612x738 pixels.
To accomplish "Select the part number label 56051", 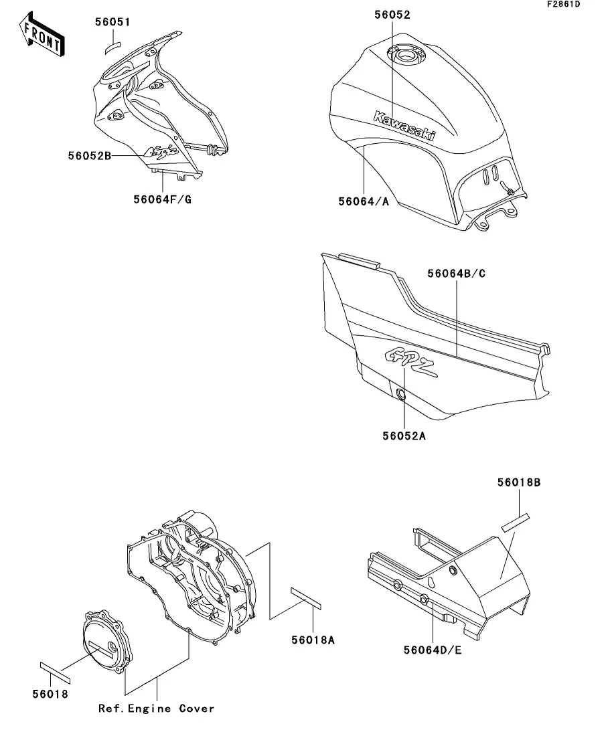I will point(112,22).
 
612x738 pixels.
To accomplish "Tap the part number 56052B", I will point(90,155).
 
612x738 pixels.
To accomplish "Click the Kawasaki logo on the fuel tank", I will point(404,125).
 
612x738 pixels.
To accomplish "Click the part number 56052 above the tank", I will point(391,15).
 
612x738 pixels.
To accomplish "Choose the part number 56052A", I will point(404,436).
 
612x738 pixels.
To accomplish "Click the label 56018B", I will point(519,481).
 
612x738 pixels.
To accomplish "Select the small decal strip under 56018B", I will point(516,521).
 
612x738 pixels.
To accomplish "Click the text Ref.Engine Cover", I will point(157,708).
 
